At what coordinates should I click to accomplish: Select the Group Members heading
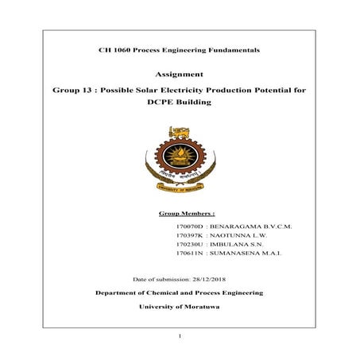[188, 214]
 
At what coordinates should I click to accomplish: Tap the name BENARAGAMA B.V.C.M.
[250, 226]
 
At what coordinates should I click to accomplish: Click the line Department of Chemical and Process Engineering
[180, 293]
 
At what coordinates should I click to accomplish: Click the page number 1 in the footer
[180, 338]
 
